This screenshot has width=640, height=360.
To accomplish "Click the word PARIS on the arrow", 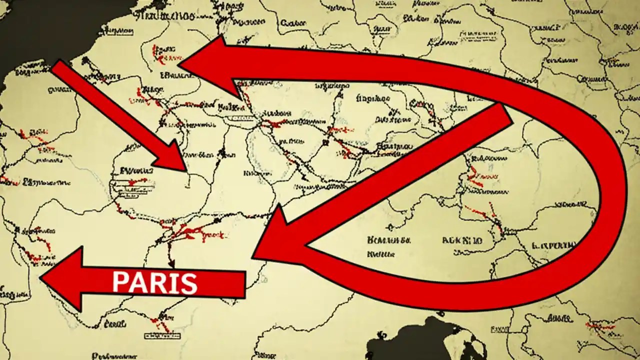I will (x=154, y=282).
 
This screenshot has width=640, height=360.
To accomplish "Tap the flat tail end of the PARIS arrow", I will (x=244, y=284).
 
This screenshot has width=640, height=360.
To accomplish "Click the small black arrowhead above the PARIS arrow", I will (x=171, y=262).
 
